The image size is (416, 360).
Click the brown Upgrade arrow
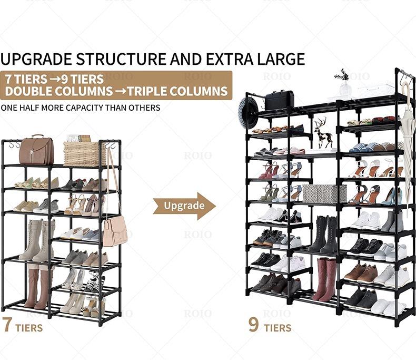pyautogui.click(x=184, y=206)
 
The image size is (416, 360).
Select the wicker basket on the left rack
pyautogui.click(x=84, y=153)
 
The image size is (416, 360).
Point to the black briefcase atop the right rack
pyautogui.click(x=279, y=100)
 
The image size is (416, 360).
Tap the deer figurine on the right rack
pyautogui.click(x=324, y=134)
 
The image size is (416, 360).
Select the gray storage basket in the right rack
pyautogui.click(x=324, y=193)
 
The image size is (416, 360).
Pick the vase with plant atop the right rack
pyautogui.click(x=345, y=84)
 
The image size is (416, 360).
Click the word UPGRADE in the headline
pyautogui.click(x=37, y=59)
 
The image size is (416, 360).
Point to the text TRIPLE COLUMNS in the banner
pyautogui.click(x=176, y=91)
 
